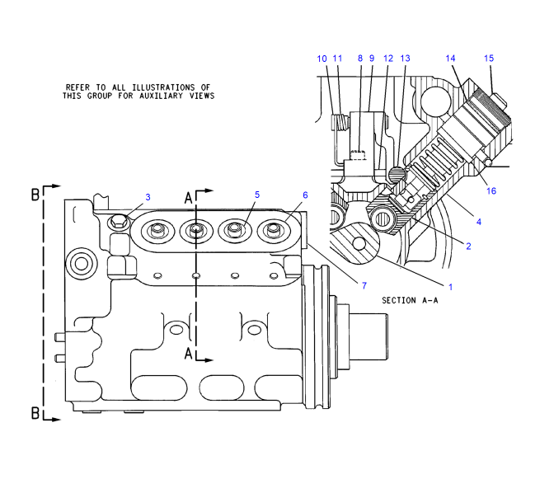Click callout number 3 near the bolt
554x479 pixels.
[x=148, y=198]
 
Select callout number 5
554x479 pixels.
[x=257, y=195]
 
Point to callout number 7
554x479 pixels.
[x=363, y=284]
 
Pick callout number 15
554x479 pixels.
[x=489, y=59]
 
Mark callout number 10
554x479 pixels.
[x=322, y=59]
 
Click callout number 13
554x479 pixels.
[x=405, y=59]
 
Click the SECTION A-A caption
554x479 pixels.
[x=409, y=301]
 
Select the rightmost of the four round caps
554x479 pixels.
[x=271, y=230]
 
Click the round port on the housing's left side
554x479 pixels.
[x=81, y=264]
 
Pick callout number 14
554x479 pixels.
[x=451, y=59]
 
